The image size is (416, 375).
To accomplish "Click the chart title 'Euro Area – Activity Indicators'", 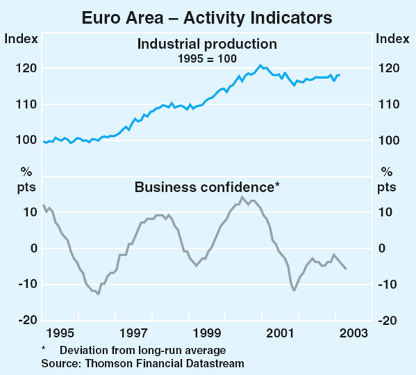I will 207,15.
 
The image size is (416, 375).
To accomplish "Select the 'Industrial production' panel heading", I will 207,44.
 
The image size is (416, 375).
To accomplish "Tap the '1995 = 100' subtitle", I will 207,58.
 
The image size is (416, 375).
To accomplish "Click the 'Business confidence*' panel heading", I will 206,187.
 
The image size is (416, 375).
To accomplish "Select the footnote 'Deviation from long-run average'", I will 143,350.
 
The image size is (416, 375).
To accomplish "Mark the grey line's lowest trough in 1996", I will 98,294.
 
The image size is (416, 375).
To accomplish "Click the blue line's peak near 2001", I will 261,65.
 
